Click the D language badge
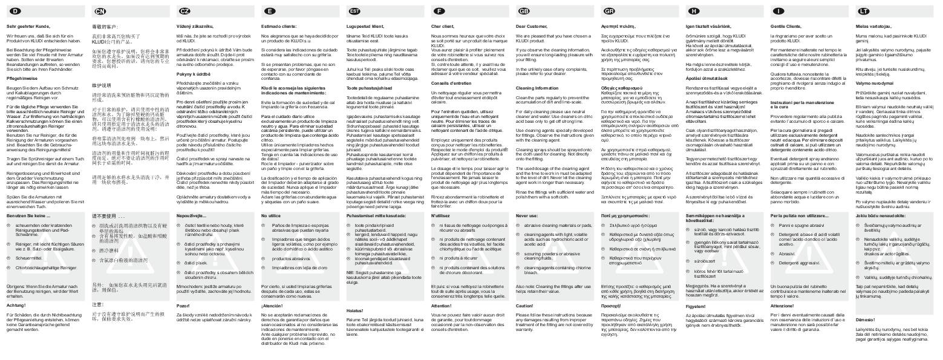pos(15,11)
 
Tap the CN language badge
pos(100,11)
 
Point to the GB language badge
pos(524,11)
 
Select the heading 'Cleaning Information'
pos(537,88)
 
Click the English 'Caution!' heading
pos(524,306)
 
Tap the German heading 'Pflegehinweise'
pos(21,79)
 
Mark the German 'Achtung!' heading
pos(16,306)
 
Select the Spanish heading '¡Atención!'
pos(273,306)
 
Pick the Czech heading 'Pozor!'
pos(183,306)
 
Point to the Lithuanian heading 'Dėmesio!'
pos(866,319)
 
